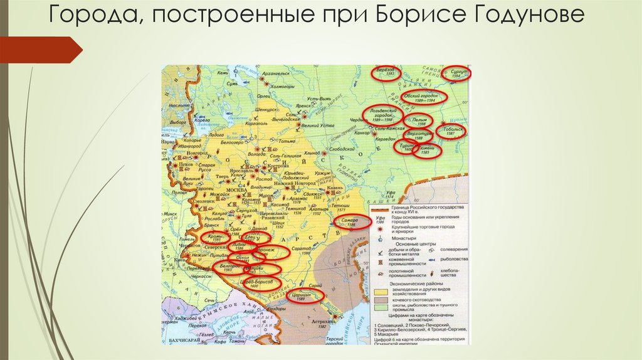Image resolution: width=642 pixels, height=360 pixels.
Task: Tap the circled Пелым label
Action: click(x=420, y=121)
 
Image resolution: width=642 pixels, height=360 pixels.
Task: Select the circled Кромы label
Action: click(x=212, y=238)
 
